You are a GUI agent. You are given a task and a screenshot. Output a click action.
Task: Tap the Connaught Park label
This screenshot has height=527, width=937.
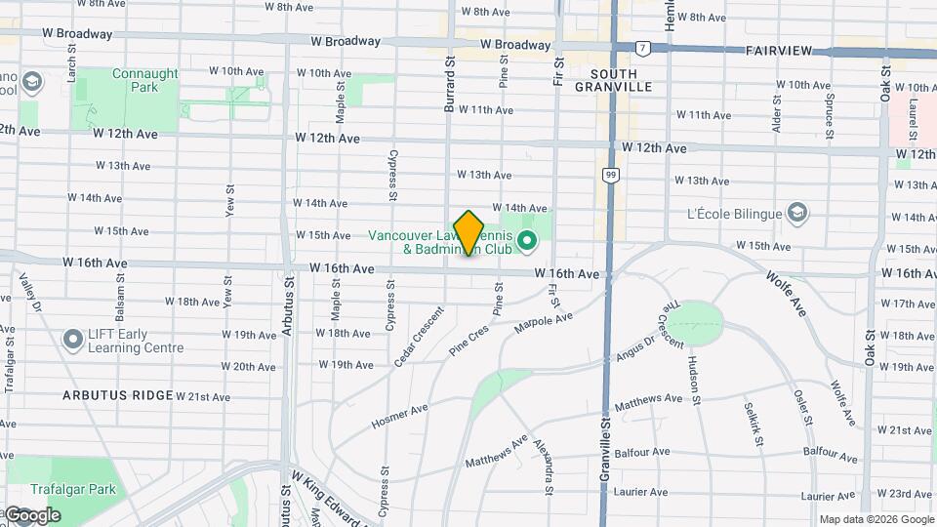(145, 80)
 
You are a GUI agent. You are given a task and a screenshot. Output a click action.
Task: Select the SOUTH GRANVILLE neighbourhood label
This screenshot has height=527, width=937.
(613, 80)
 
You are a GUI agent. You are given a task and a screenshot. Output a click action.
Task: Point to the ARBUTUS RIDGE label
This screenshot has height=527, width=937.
(117, 395)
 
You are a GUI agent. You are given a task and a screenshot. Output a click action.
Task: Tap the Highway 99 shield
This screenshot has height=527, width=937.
(611, 175)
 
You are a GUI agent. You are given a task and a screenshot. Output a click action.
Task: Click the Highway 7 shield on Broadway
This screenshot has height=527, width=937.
(642, 47)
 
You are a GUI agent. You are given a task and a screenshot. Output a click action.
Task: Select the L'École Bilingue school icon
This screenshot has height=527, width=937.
(798, 214)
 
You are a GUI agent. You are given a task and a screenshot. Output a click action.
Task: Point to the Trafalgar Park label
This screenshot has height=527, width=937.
(72, 490)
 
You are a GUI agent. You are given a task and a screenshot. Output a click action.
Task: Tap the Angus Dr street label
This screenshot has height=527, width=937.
(635, 349)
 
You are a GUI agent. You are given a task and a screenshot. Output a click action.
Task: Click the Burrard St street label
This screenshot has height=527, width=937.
(450, 84)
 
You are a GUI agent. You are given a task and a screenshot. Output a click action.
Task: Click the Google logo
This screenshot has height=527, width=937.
(31, 514)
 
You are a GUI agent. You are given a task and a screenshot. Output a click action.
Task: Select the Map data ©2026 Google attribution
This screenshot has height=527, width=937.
(876, 519)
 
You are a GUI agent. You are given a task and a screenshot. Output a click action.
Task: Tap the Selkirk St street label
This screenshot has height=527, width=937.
(752, 424)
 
